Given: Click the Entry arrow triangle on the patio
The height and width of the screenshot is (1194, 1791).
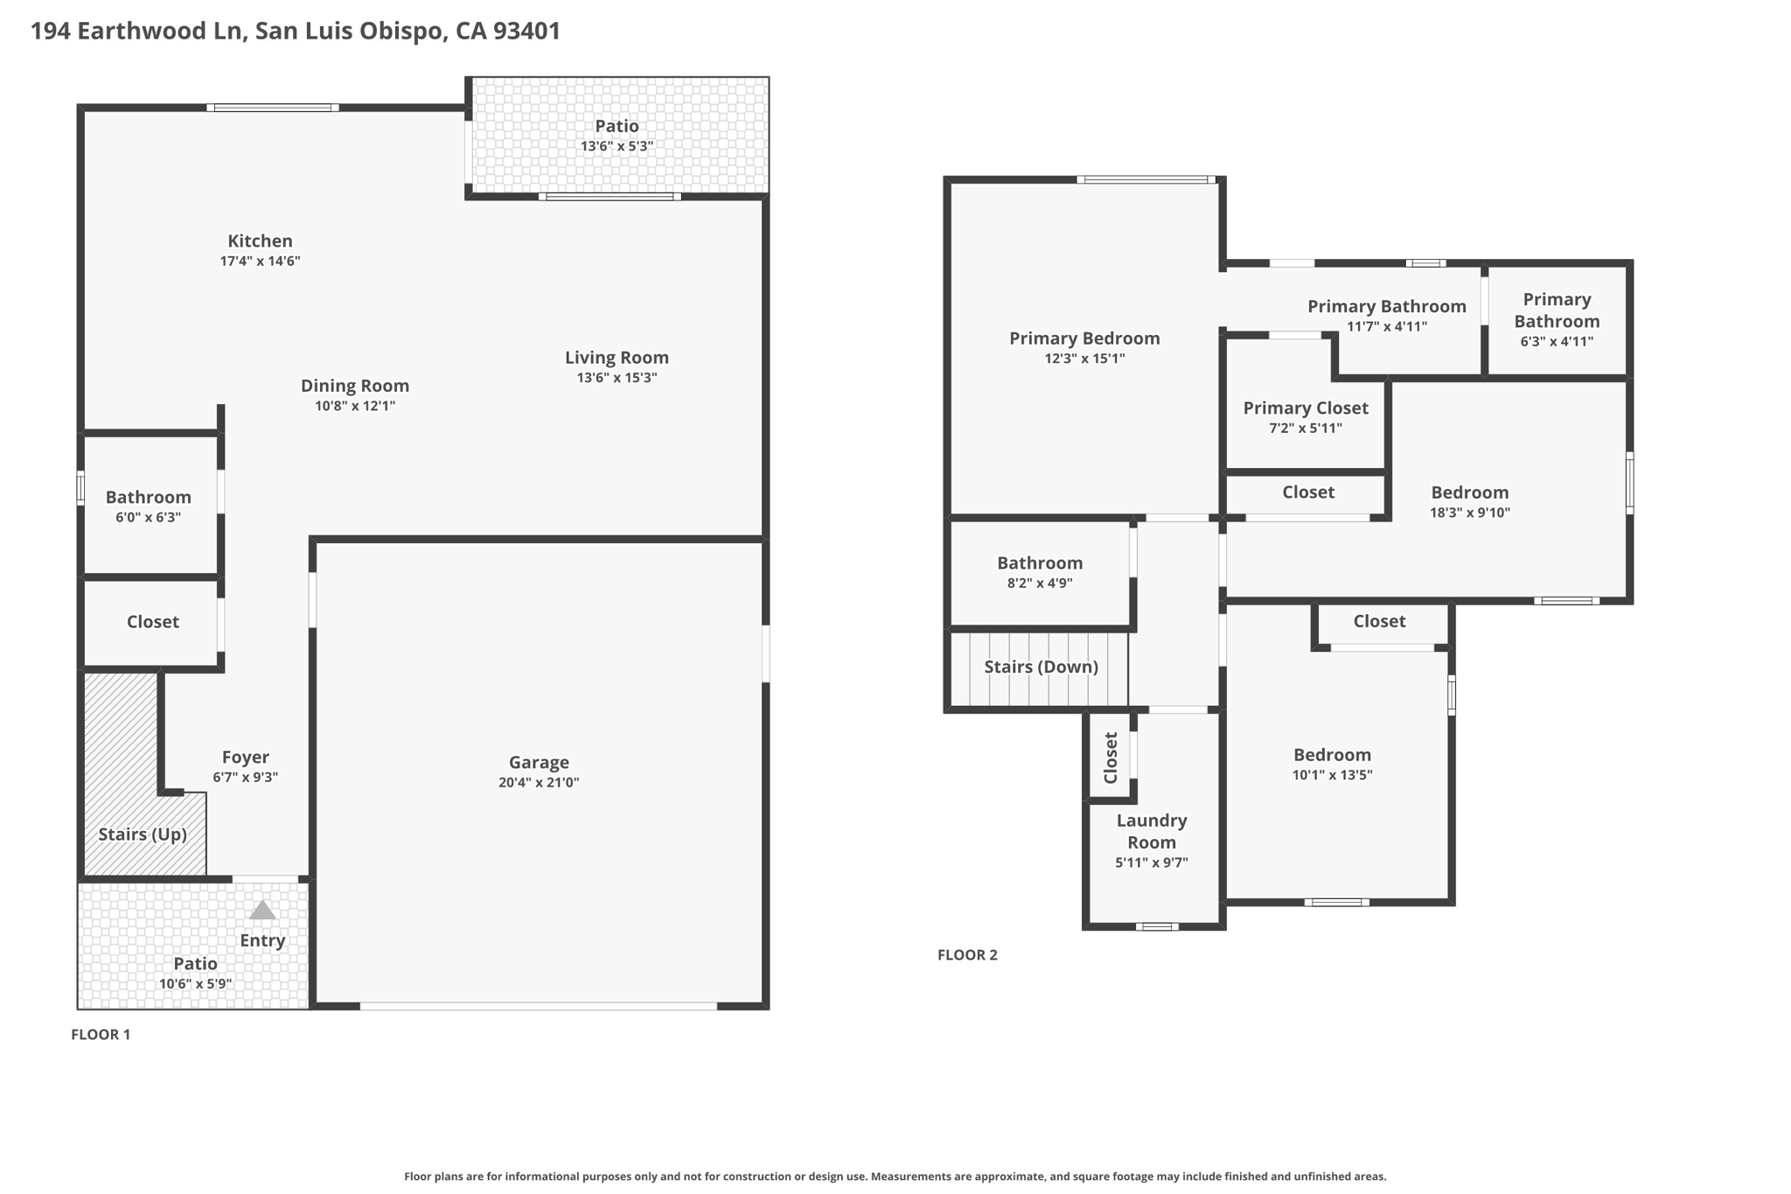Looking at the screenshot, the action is coord(262,911).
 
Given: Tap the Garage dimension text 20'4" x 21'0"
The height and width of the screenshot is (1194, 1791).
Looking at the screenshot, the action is coord(539,783).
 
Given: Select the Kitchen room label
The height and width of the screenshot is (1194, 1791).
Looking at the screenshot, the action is coord(260,241).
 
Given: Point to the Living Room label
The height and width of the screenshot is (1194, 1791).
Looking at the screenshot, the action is coord(617,358).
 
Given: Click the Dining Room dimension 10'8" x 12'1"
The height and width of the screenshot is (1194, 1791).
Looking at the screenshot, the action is coord(355,406).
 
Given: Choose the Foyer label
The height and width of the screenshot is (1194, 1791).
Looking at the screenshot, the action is coord(245,758).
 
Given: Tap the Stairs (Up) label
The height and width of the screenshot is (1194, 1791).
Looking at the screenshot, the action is coord(143,834).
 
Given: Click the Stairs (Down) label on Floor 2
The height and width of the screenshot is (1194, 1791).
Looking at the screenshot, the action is coord(1041,667).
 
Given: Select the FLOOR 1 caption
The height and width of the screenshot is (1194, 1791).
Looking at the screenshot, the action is coord(101,1035).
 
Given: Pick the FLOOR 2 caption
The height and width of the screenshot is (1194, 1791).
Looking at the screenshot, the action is coord(967,955).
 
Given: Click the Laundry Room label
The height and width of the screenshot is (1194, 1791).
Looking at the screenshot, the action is coord(1152,831).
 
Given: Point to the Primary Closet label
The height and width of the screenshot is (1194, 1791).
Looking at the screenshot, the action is coord(1306,408).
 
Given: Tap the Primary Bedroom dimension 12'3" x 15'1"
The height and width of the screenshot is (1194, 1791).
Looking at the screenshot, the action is coord(1084,359).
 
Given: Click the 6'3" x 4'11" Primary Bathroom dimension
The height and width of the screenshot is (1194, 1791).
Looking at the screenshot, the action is coord(1557,342).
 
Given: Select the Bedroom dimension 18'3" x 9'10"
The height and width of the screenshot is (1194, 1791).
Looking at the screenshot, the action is coord(1470,513).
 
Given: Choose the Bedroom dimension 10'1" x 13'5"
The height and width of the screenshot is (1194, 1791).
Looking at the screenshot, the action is coord(1333,775).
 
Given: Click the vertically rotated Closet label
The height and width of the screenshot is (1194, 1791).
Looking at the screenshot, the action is coord(1111,758).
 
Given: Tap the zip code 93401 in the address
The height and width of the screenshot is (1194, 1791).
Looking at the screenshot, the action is coord(526,31).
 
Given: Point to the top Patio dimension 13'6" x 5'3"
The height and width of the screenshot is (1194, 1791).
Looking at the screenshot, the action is coord(617,147).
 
